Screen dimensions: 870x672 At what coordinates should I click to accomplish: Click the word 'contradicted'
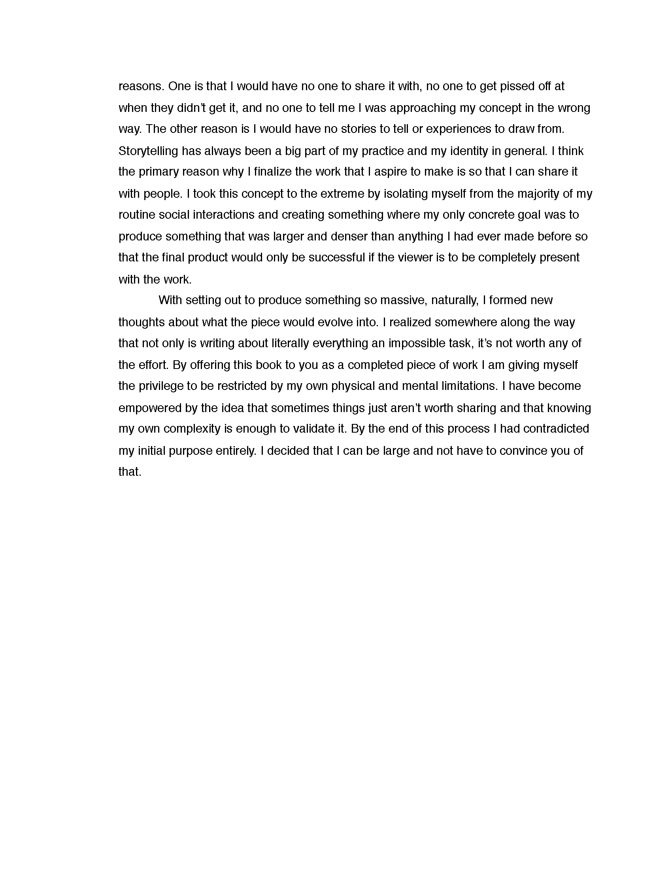tap(556, 429)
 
